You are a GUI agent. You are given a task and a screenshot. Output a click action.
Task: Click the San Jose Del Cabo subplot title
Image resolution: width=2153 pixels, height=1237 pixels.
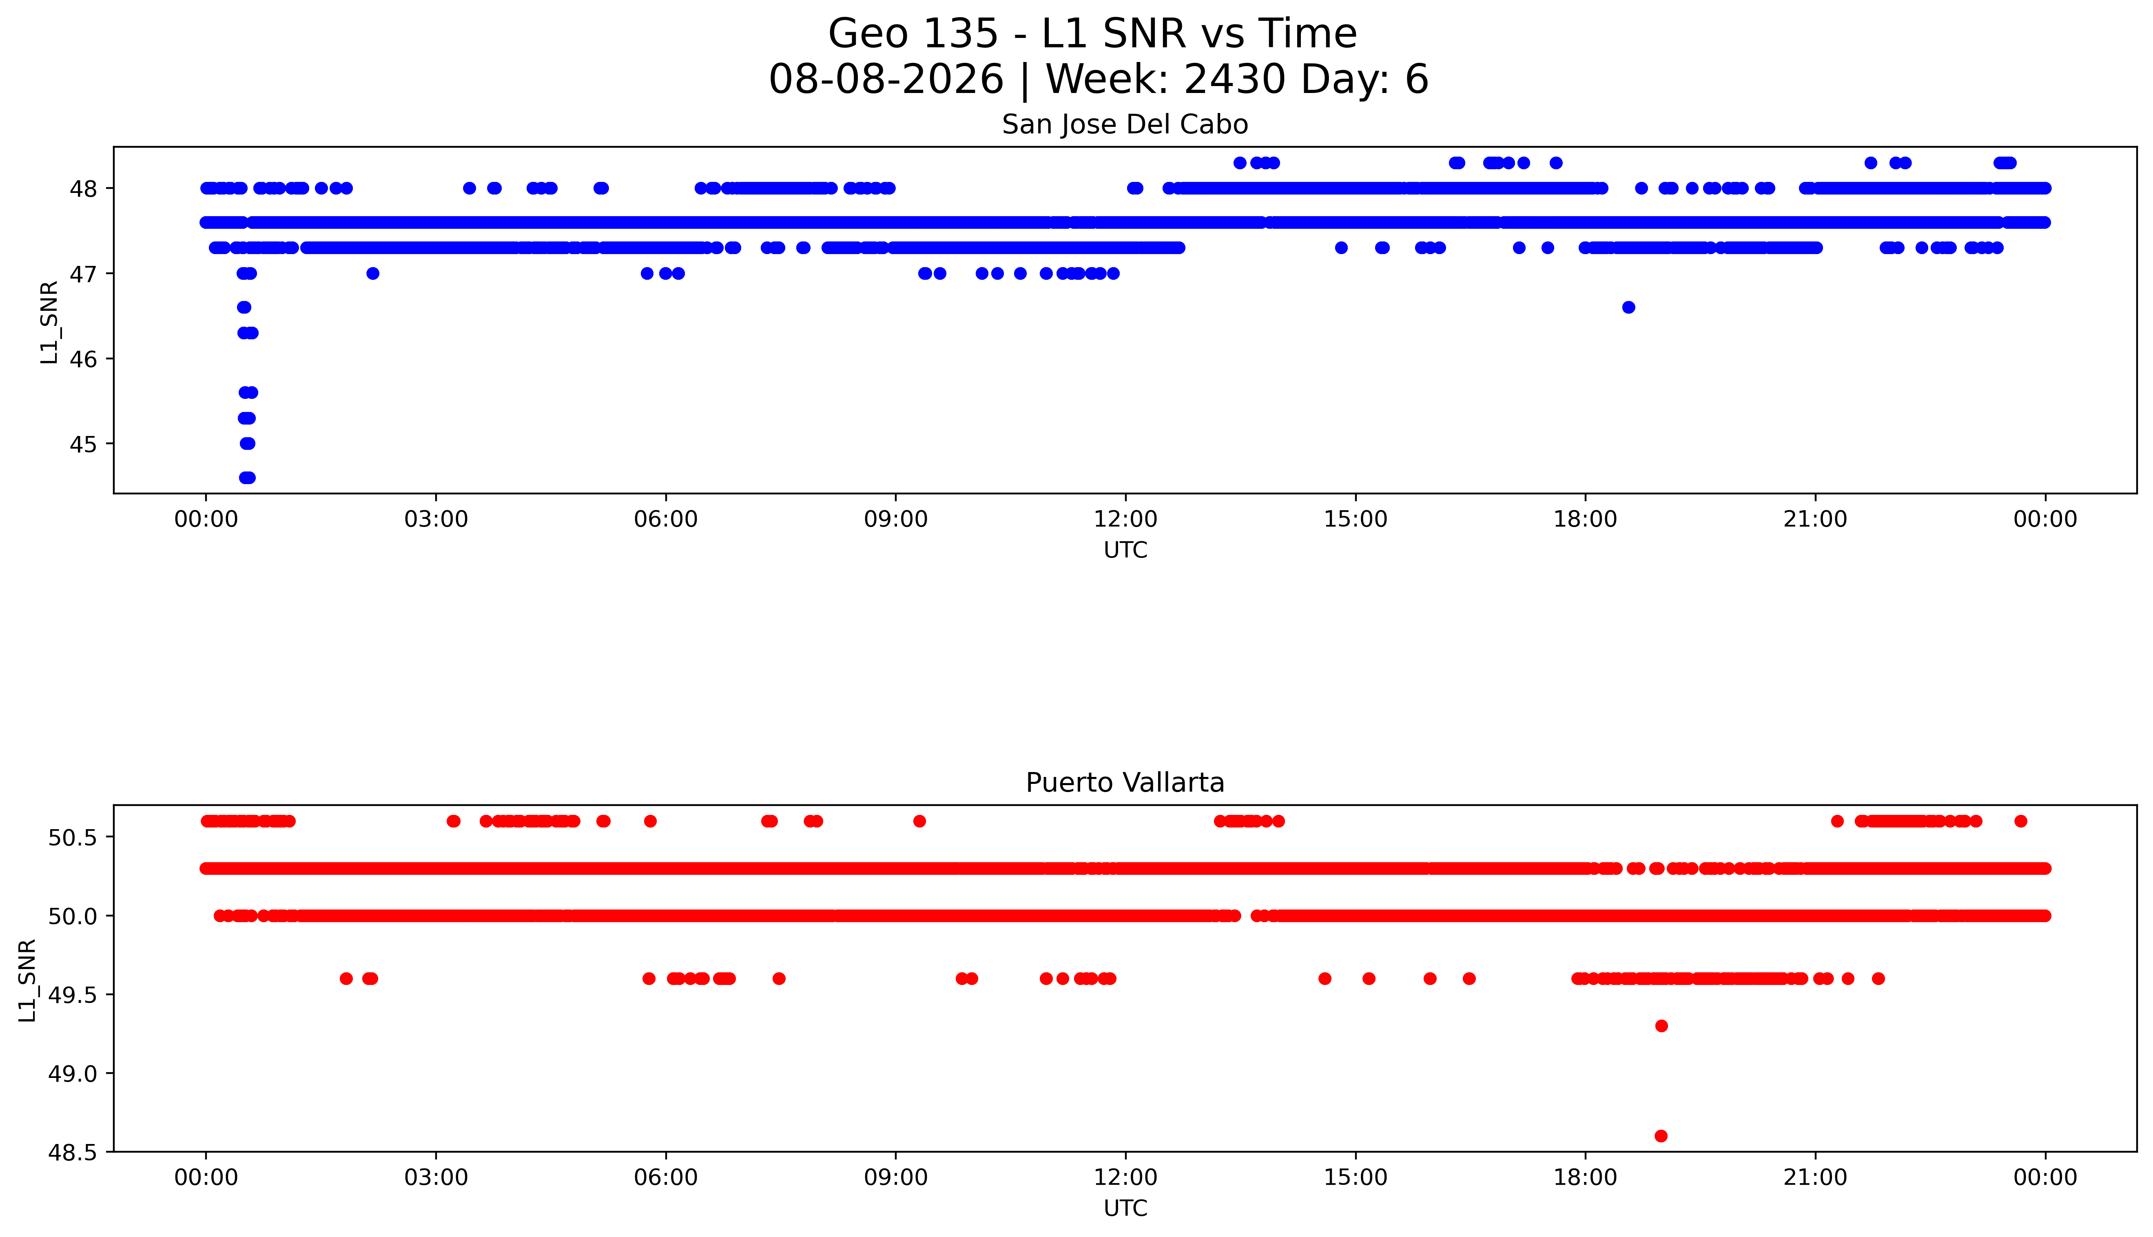pyautogui.click(x=1125, y=125)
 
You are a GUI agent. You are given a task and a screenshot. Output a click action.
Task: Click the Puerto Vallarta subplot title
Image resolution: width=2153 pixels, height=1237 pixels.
pyautogui.click(x=1125, y=783)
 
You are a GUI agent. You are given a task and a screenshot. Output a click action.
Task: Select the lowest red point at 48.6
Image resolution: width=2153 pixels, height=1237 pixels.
pyautogui.click(x=1661, y=1136)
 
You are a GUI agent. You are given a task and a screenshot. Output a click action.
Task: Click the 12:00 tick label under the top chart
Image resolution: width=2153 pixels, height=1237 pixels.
pyautogui.click(x=1126, y=519)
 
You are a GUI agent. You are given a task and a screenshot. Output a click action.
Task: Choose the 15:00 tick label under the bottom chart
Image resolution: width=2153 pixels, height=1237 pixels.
pyautogui.click(x=1355, y=1177)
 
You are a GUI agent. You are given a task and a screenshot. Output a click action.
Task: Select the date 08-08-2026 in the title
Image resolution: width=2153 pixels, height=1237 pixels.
pyautogui.click(x=886, y=80)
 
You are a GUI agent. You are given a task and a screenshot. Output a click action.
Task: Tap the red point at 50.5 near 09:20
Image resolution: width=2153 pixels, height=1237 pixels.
pyautogui.click(x=919, y=821)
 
